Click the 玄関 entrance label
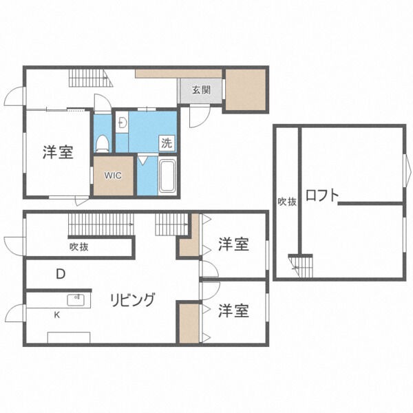pyautogui.click(x=200, y=89)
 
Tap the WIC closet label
pyautogui.click(x=113, y=176)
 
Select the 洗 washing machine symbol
pyautogui.click(x=167, y=143)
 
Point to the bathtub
pyautogui.click(x=167, y=176)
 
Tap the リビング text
pyautogui.click(x=132, y=299)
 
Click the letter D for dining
pyautogui.click(x=61, y=274)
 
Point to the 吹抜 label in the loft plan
pyautogui.click(x=287, y=202)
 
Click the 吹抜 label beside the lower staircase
pyautogui.click(x=78, y=246)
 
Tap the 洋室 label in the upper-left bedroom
pyautogui.click(x=58, y=153)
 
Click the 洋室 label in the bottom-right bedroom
pyautogui.click(x=233, y=311)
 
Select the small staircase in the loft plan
pyautogui.click(x=301, y=264)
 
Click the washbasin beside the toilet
pyautogui.click(x=121, y=123)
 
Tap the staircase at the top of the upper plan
pyautogui.click(x=89, y=78)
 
